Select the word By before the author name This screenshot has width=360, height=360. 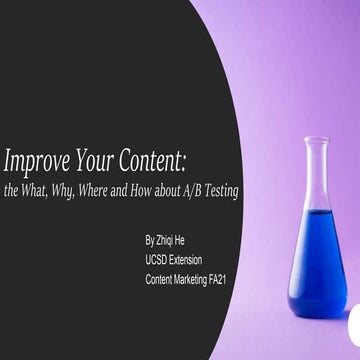[x=149, y=240]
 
